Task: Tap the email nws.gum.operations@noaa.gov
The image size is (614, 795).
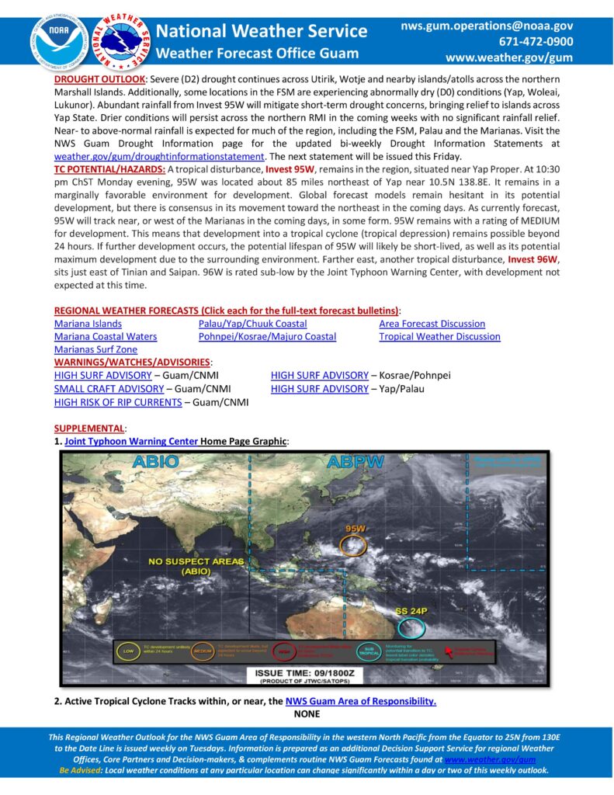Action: point(487,26)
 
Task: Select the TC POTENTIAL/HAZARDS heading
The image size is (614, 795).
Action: point(109,169)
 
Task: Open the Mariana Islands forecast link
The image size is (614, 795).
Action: point(88,324)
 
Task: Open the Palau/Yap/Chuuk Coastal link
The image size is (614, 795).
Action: point(252,324)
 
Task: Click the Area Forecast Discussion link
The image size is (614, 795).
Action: point(432,324)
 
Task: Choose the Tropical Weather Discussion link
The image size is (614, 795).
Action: point(439,337)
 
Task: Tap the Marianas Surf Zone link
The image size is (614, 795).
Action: point(95,350)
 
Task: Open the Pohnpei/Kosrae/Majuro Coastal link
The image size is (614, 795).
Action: point(267,337)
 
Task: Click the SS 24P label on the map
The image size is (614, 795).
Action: point(411,611)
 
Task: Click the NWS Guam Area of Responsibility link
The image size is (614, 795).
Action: point(361,701)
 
